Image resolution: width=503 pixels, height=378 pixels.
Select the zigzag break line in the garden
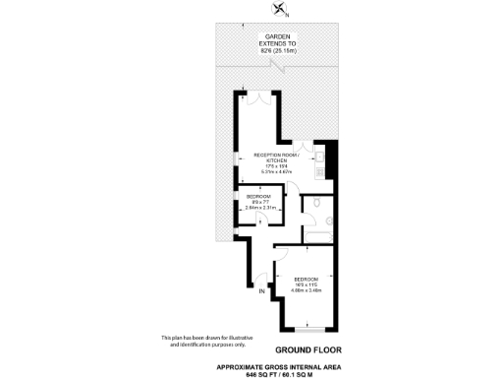pyautogui.click(x=283, y=66)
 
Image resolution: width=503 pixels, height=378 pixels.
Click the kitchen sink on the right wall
pyautogui.click(x=320, y=161)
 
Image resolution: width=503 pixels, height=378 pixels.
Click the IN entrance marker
pyautogui.click(x=261, y=292)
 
